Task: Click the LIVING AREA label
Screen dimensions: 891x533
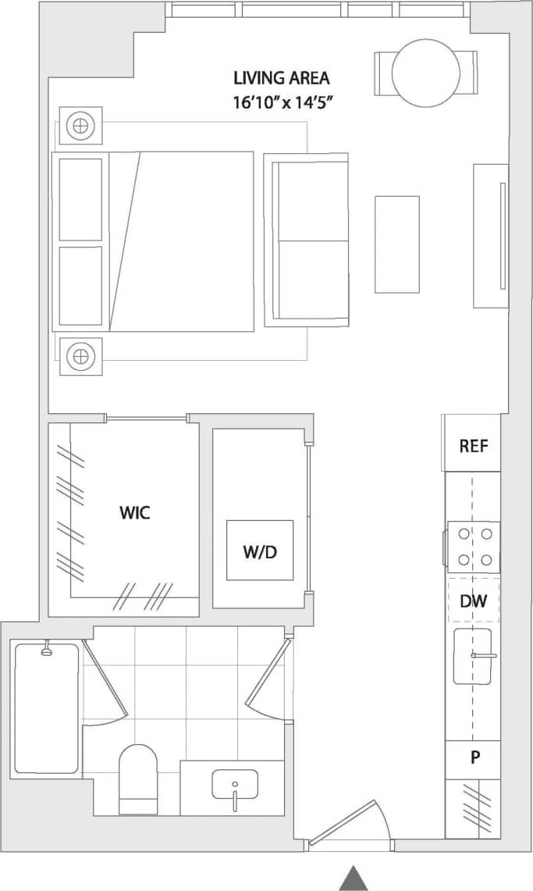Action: click(x=281, y=78)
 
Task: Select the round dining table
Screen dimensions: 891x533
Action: click(x=425, y=73)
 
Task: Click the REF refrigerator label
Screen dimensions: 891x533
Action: click(x=473, y=446)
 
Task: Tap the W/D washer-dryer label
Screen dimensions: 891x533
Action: click(x=260, y=552)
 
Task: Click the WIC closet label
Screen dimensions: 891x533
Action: click(x=134, y=512)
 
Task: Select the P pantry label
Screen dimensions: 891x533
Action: click(x=474, y=757)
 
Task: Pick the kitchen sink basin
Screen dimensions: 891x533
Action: click(x=473, y=656)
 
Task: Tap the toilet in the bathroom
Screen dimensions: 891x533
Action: click(x=137, y=779)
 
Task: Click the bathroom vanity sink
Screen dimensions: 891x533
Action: click(x=234, y=785)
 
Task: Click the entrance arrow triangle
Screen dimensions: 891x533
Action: click(x=354, y=878)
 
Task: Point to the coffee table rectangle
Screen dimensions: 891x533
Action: click(x=396, y=244)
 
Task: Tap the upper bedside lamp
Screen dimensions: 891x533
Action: click(x=80, y=125)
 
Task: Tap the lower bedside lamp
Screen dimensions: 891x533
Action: click(x=80, y=357)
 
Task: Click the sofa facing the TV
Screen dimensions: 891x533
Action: click(x=306, y=240)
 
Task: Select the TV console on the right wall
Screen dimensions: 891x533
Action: click(x=491, y=235)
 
